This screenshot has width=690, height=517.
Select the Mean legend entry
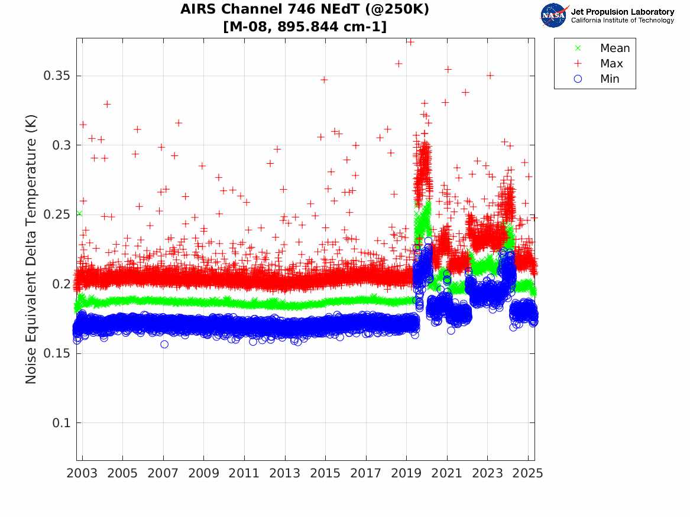point(614,48)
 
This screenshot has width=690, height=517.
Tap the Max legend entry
point(611,63)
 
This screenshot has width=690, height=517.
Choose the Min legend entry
point(610,79)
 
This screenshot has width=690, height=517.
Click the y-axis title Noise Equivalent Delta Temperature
point(31,249)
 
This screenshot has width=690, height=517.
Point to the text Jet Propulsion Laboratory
point(622,11)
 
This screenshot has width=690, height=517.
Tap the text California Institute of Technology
point(622,20)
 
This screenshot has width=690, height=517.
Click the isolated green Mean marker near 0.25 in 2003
point(79,213)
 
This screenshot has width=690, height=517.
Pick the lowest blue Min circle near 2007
point(164,344)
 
